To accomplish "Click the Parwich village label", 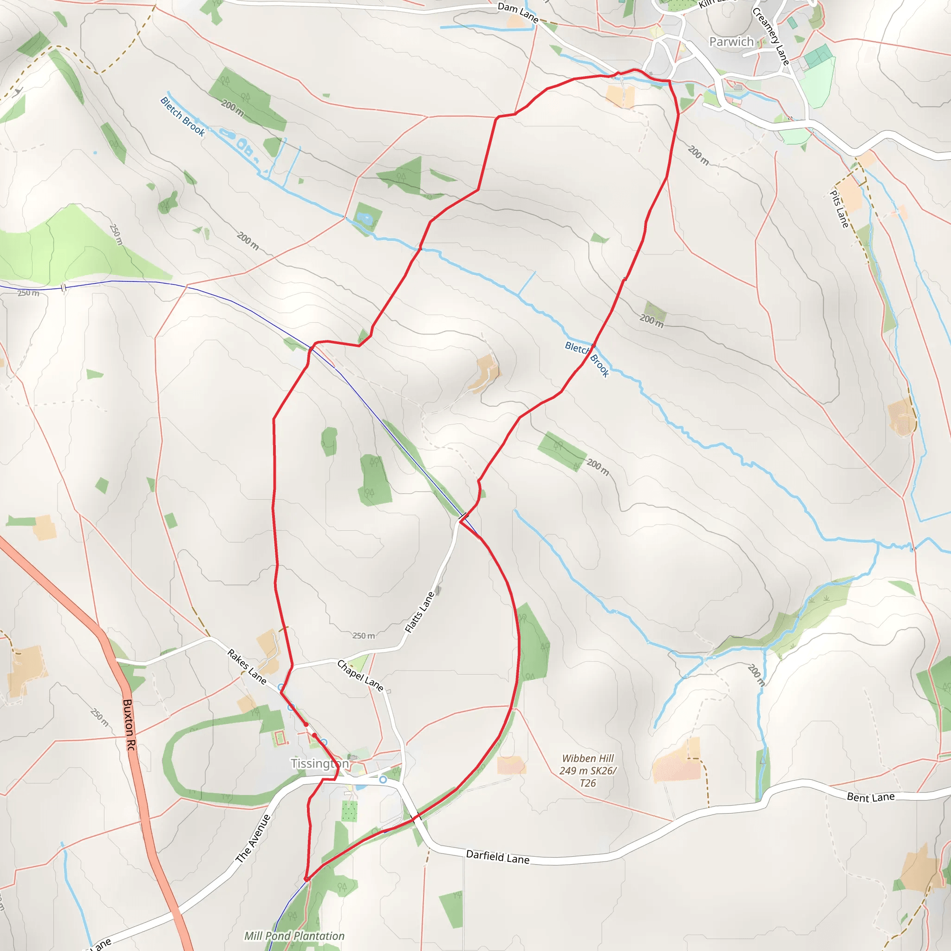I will point(731,42).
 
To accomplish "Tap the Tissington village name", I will point(319,763).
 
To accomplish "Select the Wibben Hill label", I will point(588,770).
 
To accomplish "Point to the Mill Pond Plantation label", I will point(294,936).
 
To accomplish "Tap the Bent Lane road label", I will point(871,797).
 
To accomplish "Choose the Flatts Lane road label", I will point(419,612).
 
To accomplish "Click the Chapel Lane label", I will point(360,676).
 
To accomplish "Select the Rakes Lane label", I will point(247,667).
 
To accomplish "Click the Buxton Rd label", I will point(129,725).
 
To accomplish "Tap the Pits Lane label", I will point(839,208).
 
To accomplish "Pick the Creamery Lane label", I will point(771,36).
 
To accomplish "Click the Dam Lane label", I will point(518,13).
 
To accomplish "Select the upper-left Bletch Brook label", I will point(182,116).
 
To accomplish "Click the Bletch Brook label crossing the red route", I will point(587,359).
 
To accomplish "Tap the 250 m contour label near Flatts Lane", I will point(364,636).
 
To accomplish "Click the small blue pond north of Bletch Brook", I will point(365,218).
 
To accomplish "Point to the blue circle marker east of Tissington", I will point(383,780).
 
